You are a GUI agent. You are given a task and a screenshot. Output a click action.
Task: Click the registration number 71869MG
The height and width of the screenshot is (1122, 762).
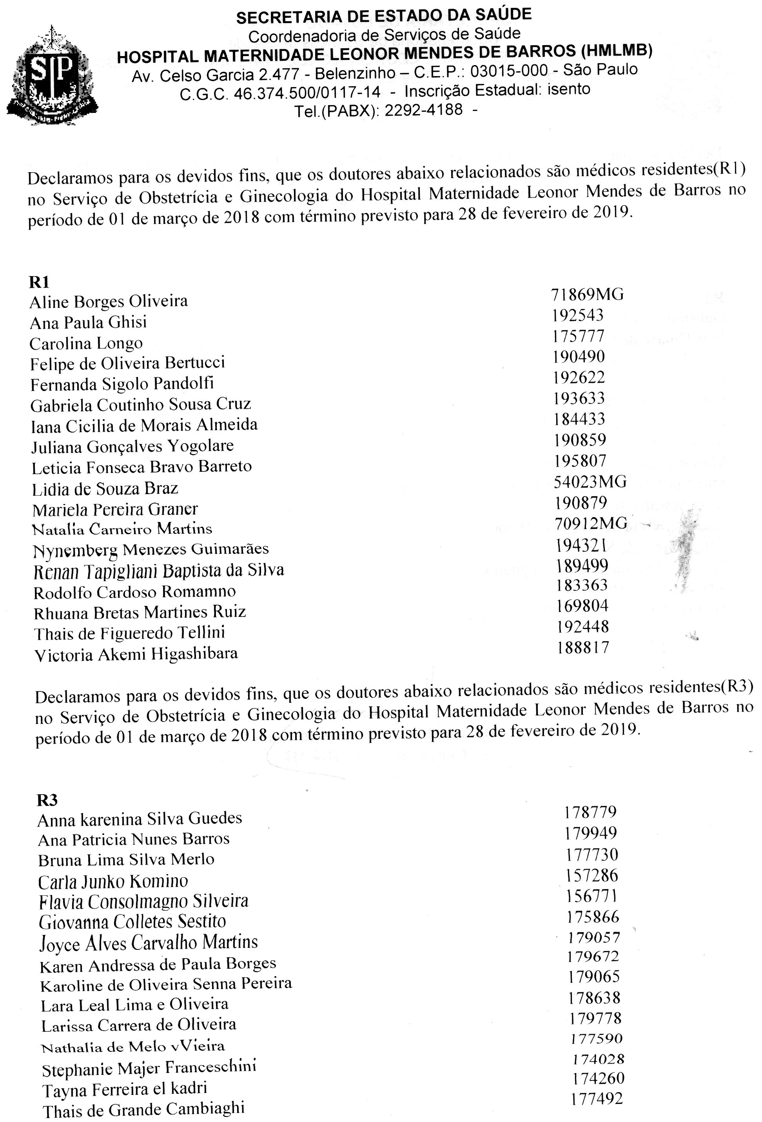[587, 294]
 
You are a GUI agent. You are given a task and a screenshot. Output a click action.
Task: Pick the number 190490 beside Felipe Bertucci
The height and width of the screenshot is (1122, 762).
[579, 357]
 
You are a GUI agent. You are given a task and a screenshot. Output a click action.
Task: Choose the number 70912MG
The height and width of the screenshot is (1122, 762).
[591, 523]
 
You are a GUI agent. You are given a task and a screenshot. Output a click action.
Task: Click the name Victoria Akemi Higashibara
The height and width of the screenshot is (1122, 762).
[136, 655]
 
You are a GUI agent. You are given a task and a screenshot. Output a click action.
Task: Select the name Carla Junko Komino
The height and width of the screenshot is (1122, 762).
[113, 881]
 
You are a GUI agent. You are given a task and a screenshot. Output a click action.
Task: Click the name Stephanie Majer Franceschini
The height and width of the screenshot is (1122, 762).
[149, 1067]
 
